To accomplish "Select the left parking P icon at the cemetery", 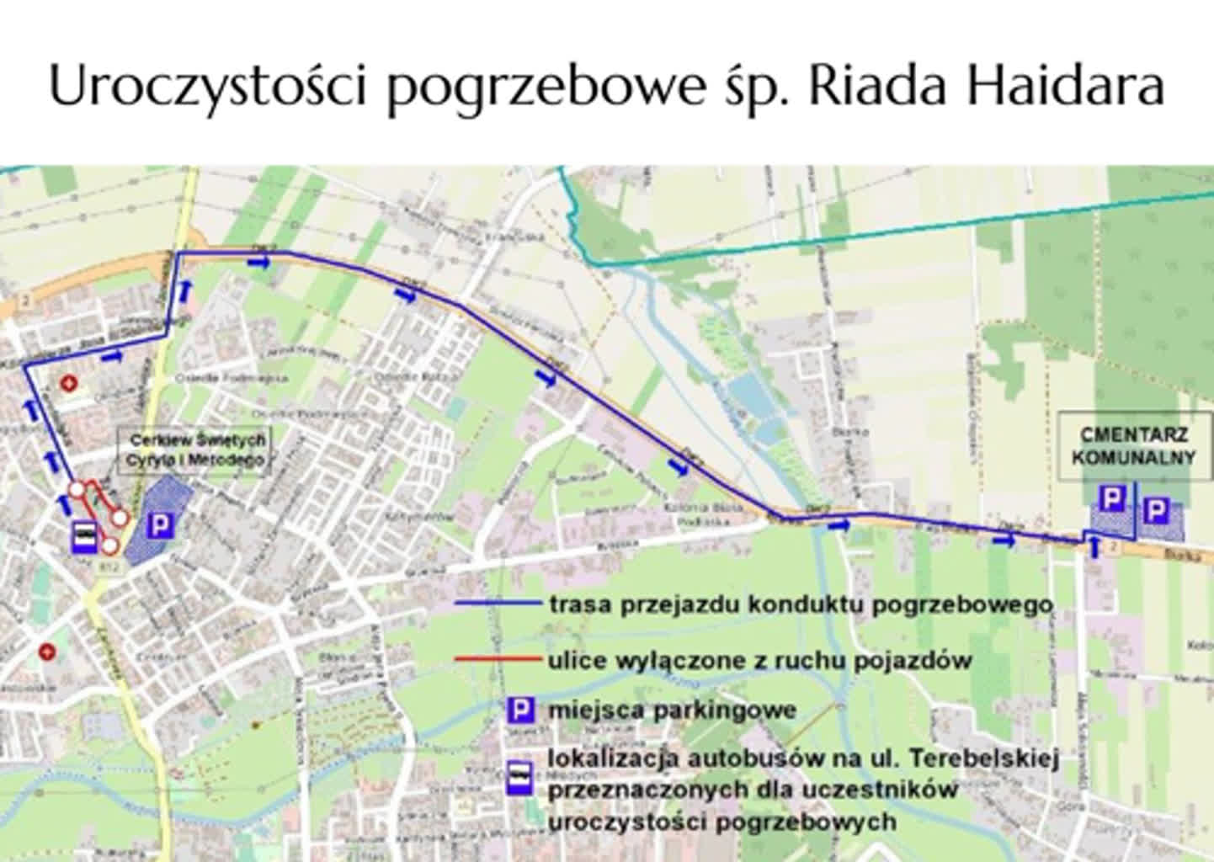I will click(1112, 499).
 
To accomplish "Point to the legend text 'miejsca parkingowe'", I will click(672, 710).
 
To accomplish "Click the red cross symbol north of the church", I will click(70, 384).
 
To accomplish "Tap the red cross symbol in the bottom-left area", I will click(48, 651).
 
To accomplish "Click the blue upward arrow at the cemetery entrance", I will click(1094, 549).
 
